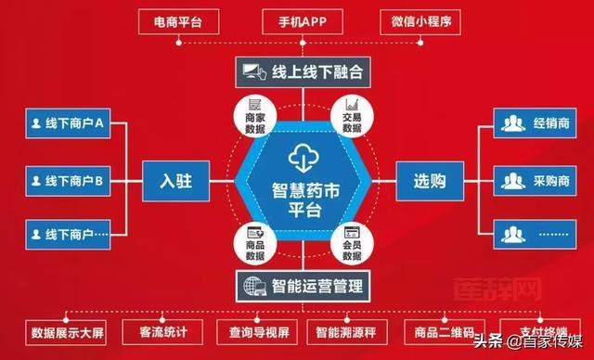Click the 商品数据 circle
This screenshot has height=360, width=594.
[255, 243]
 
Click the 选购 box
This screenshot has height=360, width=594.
[430, 180]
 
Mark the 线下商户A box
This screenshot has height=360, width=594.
[65, 124]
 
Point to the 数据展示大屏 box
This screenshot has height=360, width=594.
[67, 331]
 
